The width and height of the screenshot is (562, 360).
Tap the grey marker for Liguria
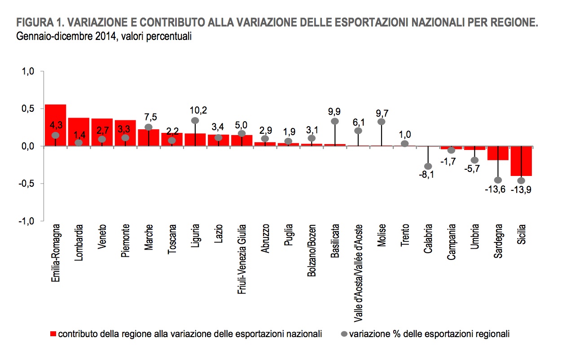pos(195,121)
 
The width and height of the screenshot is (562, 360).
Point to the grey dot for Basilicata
pos(335,121)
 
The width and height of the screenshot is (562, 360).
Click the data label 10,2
pos(195,110)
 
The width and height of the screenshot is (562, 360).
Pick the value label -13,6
pos(495,189)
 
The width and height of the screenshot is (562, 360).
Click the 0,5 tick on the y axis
pos(27,109)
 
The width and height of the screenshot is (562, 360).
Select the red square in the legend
pos(53,334)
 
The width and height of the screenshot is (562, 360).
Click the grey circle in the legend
pos(345,334)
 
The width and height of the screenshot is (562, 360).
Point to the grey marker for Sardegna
pos(498,180)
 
